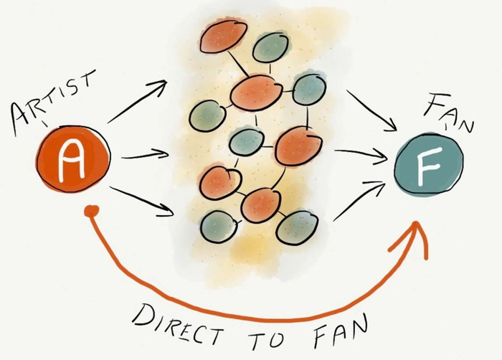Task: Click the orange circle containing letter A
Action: click(x=73, y=159)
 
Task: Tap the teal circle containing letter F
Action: click(x=429, y=164)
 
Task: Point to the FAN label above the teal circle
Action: click(x=449, y=112)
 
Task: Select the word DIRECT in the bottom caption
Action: click(x=177, y=323)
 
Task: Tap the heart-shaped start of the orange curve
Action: click(x=92, y=212)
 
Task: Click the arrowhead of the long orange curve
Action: click(x=413, y=237)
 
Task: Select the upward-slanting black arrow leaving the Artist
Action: click(x=137, y=102)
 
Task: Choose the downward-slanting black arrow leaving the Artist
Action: click(x=141, y=201)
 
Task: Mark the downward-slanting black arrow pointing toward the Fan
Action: click(x=372, y=111)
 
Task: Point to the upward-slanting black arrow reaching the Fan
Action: click(x=359, y=201)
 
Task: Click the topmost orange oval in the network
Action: click(x=224, y=36)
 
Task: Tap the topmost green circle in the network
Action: click(x=270, y=48)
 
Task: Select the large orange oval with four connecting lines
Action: click(x=256, y=93)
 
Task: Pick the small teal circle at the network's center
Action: click(x=247, y=142)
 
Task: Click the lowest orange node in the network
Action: click(x=260, y=205)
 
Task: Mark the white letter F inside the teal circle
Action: click(x=428, y=166)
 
